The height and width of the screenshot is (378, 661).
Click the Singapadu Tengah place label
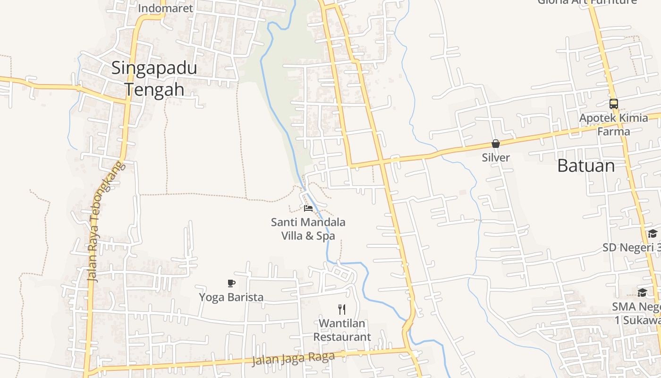tap(154, 78)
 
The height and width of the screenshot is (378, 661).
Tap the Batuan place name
tap(586, 166)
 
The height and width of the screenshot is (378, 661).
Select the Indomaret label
tap(165, 8)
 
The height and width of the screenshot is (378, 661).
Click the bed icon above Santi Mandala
tap(308, 208)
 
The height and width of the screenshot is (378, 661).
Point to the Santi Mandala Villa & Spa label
tap(308, 229)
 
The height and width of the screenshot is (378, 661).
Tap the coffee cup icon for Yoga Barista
tap(231, 283)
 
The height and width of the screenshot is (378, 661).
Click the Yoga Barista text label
tap(231, 297)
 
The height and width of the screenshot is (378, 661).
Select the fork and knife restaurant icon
tap(342, 309)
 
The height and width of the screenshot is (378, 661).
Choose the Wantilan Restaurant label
tap(342, 330)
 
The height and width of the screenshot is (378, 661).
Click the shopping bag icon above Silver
tap(496, 144)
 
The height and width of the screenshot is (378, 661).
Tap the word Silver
tap(496, 157)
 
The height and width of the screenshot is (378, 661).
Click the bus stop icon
tap(613, 104)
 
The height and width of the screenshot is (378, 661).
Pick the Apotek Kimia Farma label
tap(614, 124)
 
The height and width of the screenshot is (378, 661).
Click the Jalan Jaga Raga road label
tap(293, 359)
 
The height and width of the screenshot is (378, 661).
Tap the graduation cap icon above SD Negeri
tap(653, 233)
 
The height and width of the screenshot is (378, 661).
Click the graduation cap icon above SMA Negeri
tap(642, 292)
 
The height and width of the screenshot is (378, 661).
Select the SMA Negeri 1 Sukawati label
tap(637, 313)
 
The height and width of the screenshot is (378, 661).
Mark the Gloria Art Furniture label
tap(587, 2)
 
